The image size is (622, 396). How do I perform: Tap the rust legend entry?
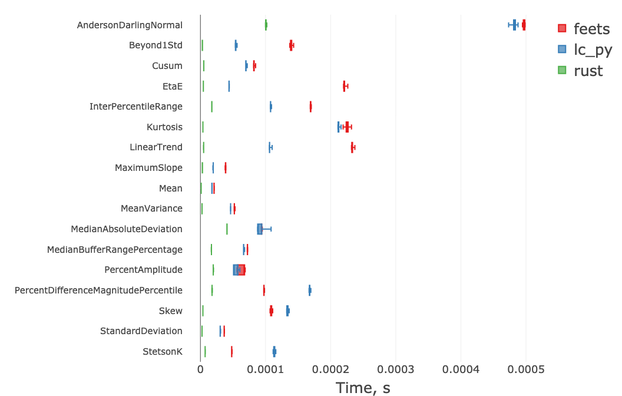tap(580, 71)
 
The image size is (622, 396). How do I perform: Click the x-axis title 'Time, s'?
tap(363, 387)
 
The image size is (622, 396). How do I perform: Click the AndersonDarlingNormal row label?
tap(130, 25)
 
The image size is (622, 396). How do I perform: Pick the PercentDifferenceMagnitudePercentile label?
tap(98, 291)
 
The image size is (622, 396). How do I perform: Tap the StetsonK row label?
tap(163, 352)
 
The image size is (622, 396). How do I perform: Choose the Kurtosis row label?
tap(164, 127)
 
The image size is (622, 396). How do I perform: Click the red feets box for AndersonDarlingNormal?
tap(524, 25)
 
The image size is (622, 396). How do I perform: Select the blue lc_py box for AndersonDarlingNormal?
tap(514, 25)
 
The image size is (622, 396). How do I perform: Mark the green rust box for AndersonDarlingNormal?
tap(266, 25)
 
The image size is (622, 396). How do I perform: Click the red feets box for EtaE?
tap(344, 86)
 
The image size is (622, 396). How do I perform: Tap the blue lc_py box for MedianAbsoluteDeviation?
tap(260, 229)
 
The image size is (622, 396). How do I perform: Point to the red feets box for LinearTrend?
tap(352, 147)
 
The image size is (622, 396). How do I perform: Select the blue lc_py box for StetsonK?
tap(274, 352)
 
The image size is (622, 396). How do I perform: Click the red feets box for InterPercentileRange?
tap(310, 107)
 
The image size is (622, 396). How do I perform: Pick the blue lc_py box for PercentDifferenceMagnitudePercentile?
tap(310, 290)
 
